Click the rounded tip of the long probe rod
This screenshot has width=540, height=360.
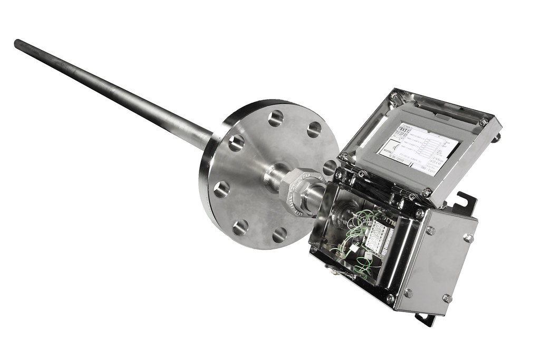pyautogui.click(x=18, y=43)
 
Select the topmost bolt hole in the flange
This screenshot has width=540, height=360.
pyautogui.click(x=275, y=119)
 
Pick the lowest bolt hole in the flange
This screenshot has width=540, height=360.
pyautogui.click(x=279, y=235)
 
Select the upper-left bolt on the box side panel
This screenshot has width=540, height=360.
pyautogui.click(x=430, y=230)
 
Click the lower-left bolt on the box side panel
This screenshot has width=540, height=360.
pyautogui.click(x=407, y=293)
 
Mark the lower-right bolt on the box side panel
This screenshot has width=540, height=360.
pyautogui.click(x=447, y=298)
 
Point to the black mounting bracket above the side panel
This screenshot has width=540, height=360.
pyautogui.click(x=465, y=203)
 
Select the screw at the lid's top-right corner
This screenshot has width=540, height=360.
pyautogui.click(x=484, y=121)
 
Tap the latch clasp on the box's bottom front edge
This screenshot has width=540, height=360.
pyautogui.click(x=332, y=270)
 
